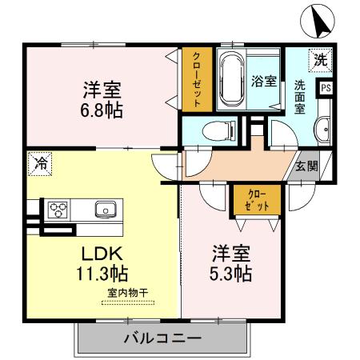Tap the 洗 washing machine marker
coord(320,58)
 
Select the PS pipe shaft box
coord(326,88)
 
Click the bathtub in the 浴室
coord(232,79)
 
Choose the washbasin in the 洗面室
coord(322,128)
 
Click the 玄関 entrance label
coord(306,166)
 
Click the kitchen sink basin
coord(105,210)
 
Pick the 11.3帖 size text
coord(102,274)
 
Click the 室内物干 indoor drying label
coord(127,293)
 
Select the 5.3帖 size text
coord(231,274)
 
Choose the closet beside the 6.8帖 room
coord(196,79)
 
